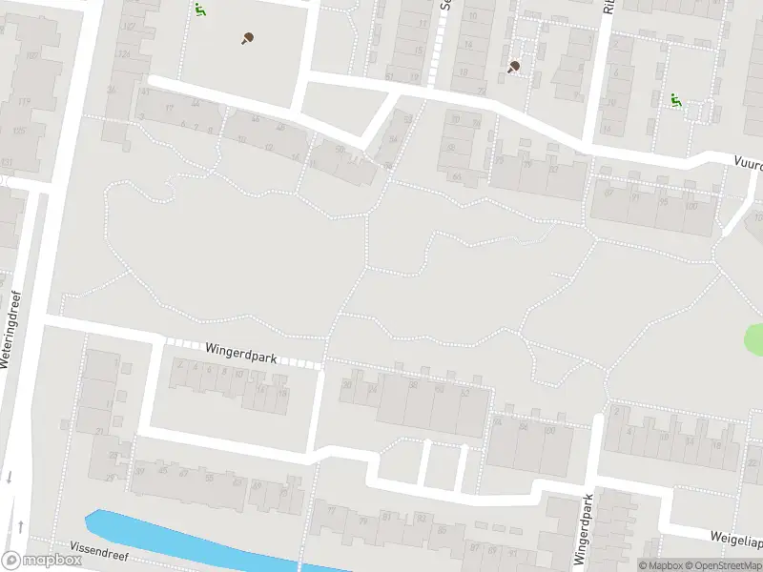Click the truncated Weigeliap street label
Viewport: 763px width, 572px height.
[x=735, y=541]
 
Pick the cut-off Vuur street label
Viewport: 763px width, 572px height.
[x=747, y=163]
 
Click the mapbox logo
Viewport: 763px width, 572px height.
[x=41, y=561]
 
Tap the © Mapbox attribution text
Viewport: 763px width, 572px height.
[x=660, y=565]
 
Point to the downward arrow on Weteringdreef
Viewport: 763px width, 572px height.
[x=9, y=478]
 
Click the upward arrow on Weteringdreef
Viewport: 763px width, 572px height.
[x=20, y=525]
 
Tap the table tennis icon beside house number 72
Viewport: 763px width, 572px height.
[x=515, y=67]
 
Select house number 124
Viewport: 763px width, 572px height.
[x=122, y=53]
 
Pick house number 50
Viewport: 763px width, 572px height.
[x=347, y=385]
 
